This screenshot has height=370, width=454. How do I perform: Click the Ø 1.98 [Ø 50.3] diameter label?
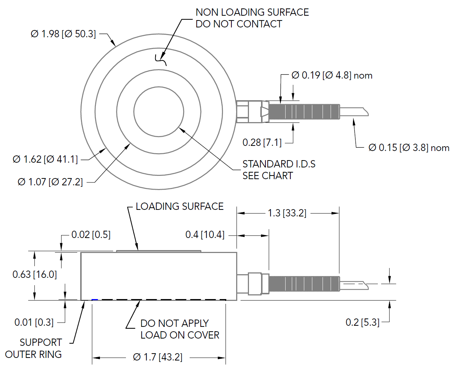(x=63, y=34)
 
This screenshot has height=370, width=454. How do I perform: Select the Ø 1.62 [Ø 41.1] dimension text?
(x=45, y=159)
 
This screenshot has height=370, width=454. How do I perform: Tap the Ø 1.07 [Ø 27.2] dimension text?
(x=51, y=182)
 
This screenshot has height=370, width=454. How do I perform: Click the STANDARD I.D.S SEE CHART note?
(x=279, y=170)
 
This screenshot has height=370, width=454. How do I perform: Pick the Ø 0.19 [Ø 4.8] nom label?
(x=332, y=75)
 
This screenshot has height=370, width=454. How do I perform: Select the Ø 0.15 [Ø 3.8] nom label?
(x=409, y=148)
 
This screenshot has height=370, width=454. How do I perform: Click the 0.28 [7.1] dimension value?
(x=262, y=142)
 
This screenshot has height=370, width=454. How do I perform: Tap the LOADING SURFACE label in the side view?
(x=179, y=207)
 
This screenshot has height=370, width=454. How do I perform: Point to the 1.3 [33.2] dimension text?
(x=287, y=213)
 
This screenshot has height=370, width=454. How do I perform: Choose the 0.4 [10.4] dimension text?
(x=205, y=235)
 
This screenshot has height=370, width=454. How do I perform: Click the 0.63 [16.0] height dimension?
(x=35, y=274)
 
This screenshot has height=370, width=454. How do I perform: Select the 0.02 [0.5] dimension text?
(x=91, y=235)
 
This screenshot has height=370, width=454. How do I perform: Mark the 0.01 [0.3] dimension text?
(x=34, y=322)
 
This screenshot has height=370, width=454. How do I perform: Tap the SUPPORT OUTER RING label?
(x=34, y=348)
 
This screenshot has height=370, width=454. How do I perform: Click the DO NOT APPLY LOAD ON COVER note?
(x=179, y=329)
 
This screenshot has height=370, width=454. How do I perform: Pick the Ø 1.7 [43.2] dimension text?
(x=158, y=357)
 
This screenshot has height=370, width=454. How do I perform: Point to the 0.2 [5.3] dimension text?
(x=362, y=322)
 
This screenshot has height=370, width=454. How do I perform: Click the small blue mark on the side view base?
(x=95, y=300)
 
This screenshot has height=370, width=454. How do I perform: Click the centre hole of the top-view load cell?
(x=159, y=112)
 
